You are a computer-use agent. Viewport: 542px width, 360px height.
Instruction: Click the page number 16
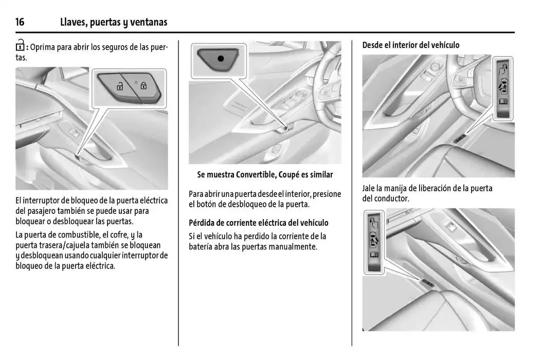coord(20,22)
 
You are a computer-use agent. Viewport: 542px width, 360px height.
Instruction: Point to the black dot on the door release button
coord(221,58)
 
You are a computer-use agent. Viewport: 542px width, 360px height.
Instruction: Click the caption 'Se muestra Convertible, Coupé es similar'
coord(265,175)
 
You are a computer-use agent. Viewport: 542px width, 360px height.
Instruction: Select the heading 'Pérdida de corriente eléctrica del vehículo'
coord(258,223)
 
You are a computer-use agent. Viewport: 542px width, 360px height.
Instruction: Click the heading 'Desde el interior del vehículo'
coord(410,45)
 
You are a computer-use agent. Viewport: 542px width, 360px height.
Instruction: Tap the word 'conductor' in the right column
coord(391,199)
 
